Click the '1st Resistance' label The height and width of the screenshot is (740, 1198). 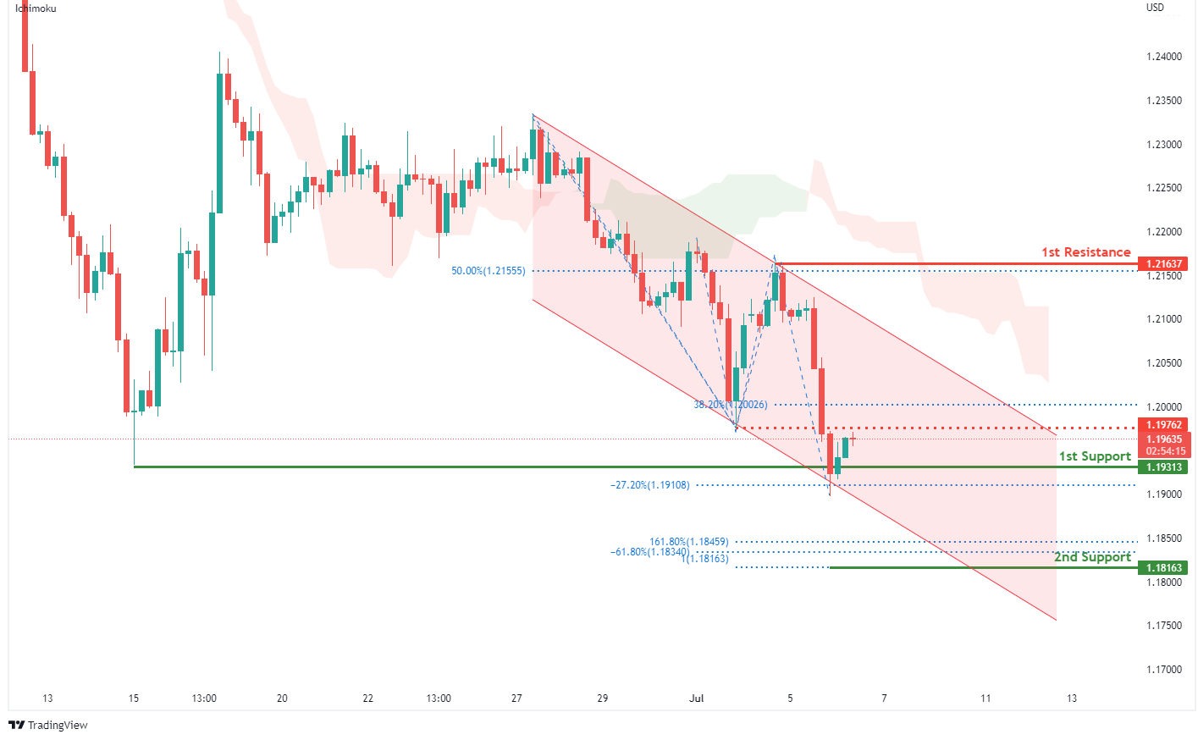[x=1085, y=252]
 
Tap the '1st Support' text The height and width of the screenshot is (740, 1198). [x=1095, y=456]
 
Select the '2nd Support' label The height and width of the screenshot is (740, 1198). [x=1092, y=557]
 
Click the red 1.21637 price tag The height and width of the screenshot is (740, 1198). [x=1163, y=264]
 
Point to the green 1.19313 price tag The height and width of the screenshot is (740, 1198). [x=1163, y=467]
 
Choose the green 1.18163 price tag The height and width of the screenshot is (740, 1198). [x=1163, y=568]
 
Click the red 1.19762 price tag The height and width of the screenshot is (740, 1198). [x=1163, y=425]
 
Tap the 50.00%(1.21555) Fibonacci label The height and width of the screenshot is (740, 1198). [x=488, y=271]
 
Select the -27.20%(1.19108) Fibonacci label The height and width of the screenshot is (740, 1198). [x=649, y=485]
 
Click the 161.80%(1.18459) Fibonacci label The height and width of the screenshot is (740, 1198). [x=688, y=542]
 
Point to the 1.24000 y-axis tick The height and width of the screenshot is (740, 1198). [x=1163, y=57]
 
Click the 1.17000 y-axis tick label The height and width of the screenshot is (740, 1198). [x=1163, y=670]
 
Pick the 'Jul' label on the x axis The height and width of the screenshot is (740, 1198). [x=697, y=699]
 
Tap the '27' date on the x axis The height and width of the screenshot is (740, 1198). [x=516, y=699]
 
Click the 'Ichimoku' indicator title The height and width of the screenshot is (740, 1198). [x=36, y=8]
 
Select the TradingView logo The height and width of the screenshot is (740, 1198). [x=48, y=725]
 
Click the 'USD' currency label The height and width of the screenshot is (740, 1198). [x=1155, y=8]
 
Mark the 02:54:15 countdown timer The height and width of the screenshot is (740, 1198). [x=1165, y=451]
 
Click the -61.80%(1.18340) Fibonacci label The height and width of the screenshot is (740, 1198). [x=649, y=552]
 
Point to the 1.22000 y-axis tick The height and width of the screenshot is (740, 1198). [x=1163, y=232]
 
